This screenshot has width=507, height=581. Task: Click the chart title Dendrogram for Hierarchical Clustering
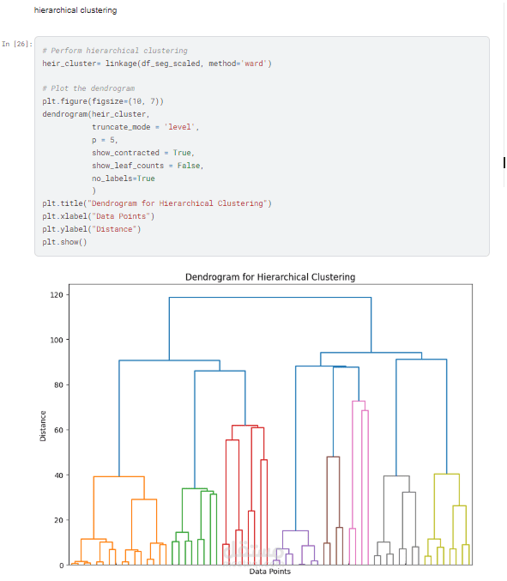tap(270, 277)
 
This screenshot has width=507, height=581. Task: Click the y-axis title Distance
tap(43, 426)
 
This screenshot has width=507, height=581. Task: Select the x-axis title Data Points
tap(270, 572)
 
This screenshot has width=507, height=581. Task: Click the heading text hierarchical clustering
tap(75, 10)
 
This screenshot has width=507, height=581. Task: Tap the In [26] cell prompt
tap(16, 43)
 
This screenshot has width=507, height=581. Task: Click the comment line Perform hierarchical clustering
tap(115, 51)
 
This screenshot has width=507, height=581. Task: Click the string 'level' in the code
tap(181, 127)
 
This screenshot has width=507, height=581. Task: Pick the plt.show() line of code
tap(64, 242)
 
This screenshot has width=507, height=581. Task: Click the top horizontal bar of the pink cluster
tap(359, 402)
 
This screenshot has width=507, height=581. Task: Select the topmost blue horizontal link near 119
tap(270, 298)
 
